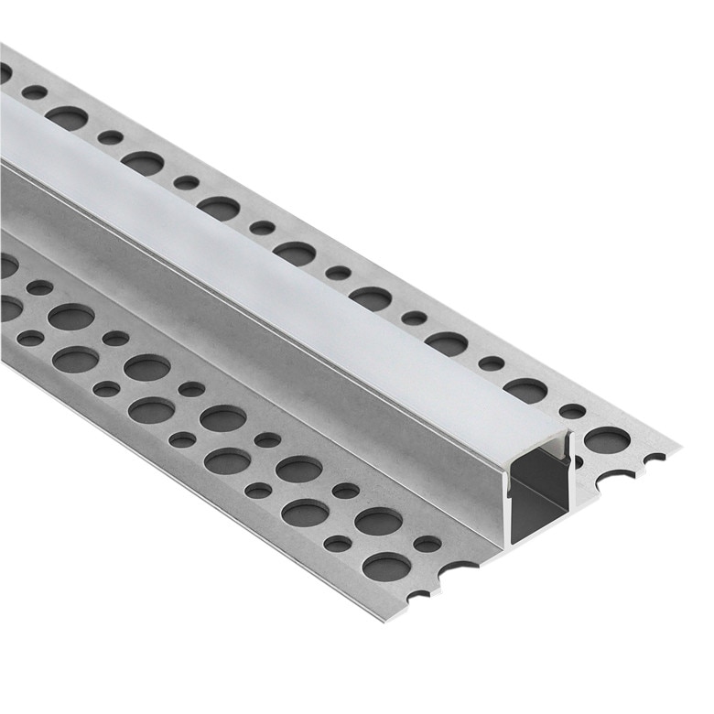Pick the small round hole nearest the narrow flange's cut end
[x=571, y=411]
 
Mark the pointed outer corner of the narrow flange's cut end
[x=679, y=446]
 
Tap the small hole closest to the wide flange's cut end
[x=427, y=544]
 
